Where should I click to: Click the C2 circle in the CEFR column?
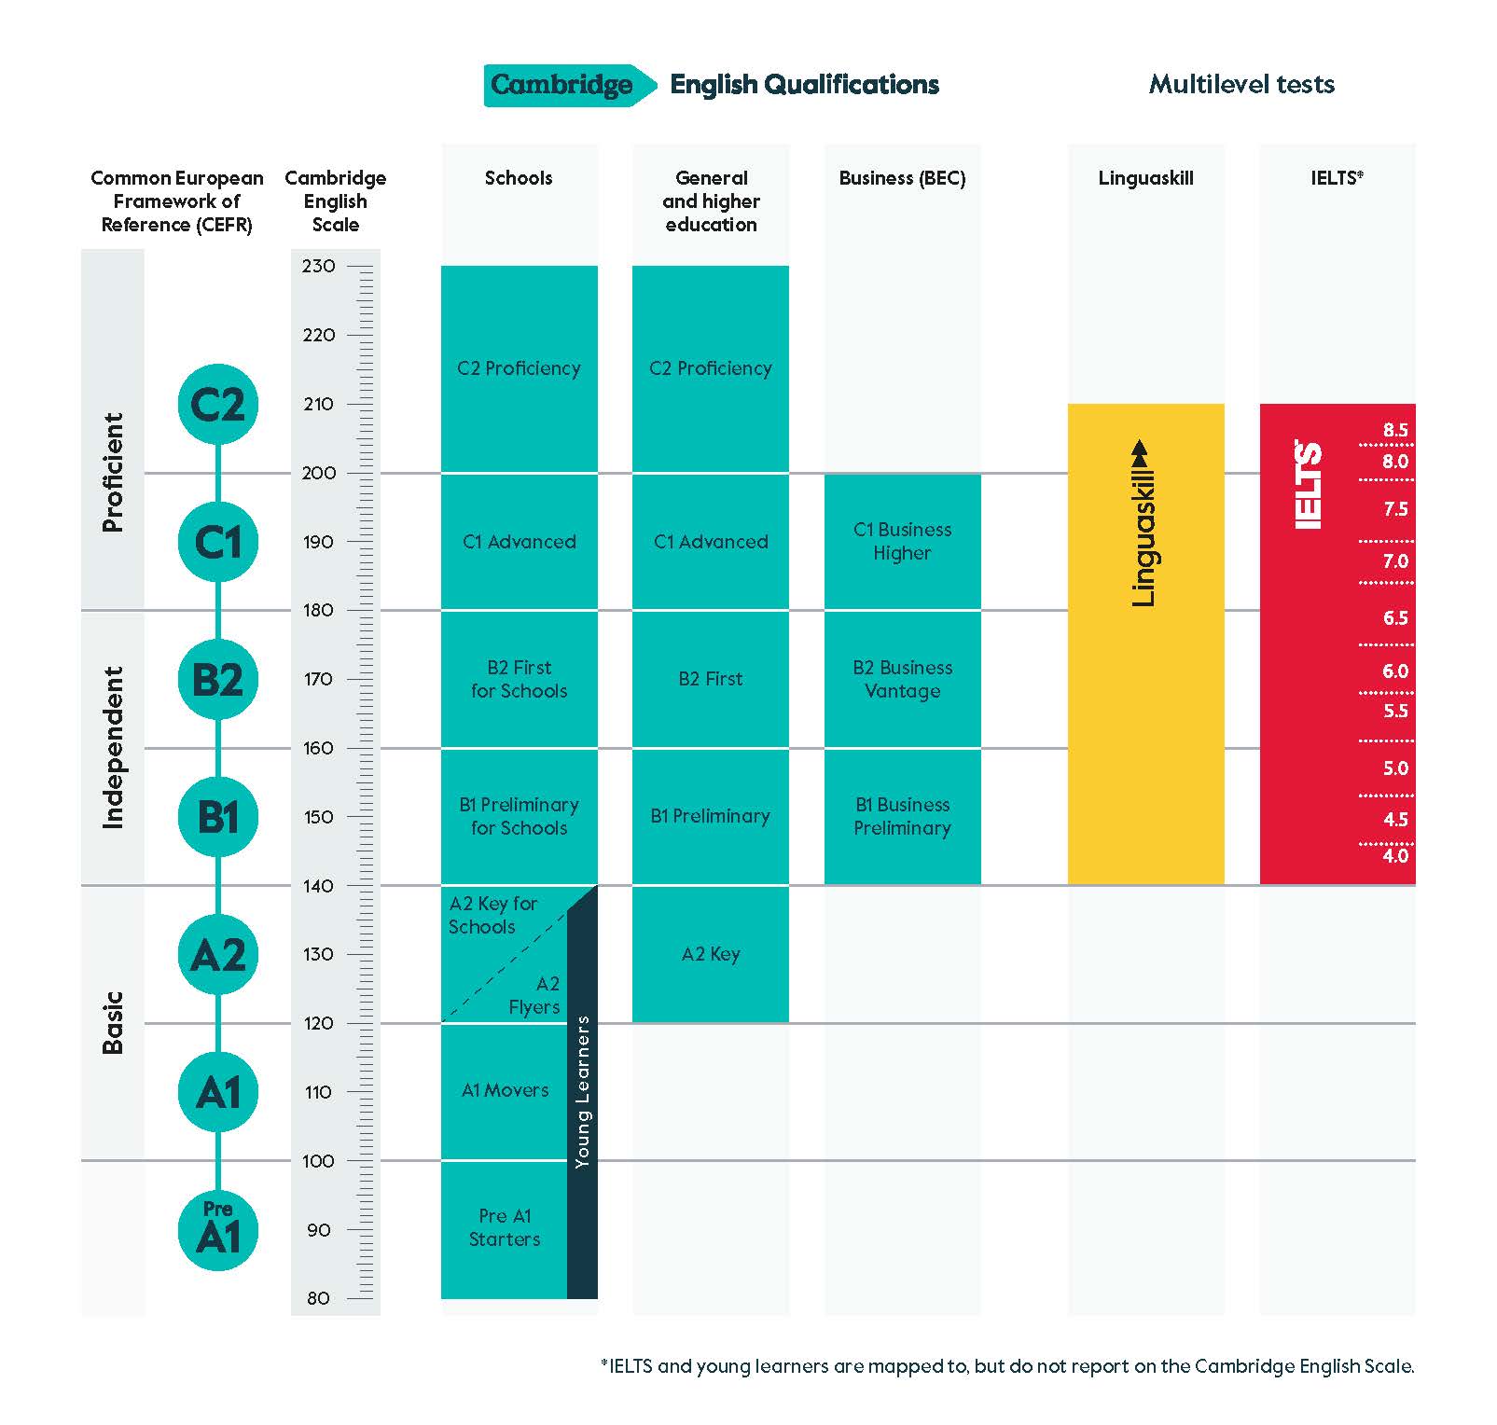(217, 404)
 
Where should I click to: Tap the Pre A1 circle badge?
(217, 1230)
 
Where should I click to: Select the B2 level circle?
(217, 679)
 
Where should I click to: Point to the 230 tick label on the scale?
(318, 266)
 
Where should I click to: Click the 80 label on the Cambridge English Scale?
(318, 1298)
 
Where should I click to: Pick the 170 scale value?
(318, 679)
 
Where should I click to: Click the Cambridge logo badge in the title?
(561, 85)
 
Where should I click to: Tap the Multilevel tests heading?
(1241, 84)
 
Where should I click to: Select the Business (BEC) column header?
(902, 178)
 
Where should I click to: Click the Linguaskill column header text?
(1145, 178)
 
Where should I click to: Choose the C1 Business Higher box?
(902, 541)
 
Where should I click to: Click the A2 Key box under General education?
(711, 954)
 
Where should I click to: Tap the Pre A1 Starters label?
(505, 1227)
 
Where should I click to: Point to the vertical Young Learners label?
(583, 1092)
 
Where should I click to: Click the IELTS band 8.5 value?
(1395, 430)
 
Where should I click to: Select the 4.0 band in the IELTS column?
(1395, 856)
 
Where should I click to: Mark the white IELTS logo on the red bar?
(1309, 485)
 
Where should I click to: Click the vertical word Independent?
(113, 747)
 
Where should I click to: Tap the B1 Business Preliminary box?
(902, 816)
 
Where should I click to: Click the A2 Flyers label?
(535, 995)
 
